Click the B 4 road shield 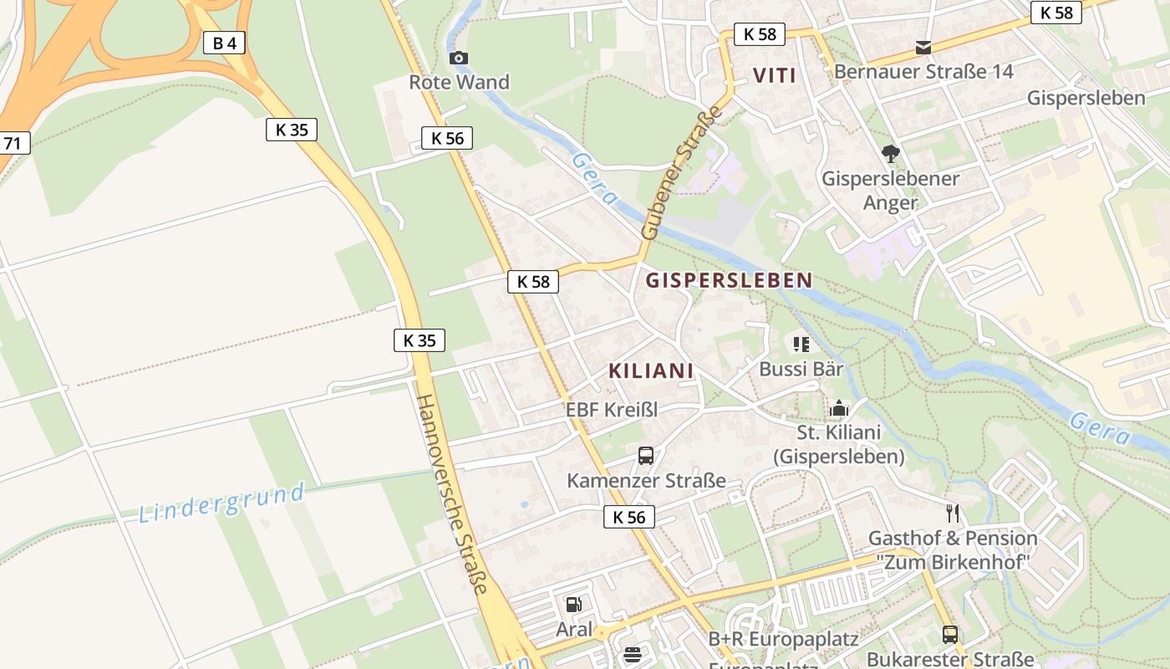(224, 43)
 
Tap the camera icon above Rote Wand (459, 58)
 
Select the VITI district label (775, 75)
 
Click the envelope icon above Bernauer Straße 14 (923, 48)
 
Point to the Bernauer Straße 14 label (923, 72)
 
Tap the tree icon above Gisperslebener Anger (891, 154)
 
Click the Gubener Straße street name (680, 173)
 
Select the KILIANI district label (651, 370)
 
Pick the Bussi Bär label (801, 369)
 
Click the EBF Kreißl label (612, 410)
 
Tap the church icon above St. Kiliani (839, 408)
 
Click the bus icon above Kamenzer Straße (646, 456)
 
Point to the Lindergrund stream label (221, 503)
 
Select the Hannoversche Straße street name (451, 493)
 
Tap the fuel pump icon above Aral (574, 605)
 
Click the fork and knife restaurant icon (953, 513)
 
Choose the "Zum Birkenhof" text (953, 562)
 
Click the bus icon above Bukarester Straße (949, 635)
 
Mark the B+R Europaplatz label (783, 640)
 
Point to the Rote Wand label (459, 82)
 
